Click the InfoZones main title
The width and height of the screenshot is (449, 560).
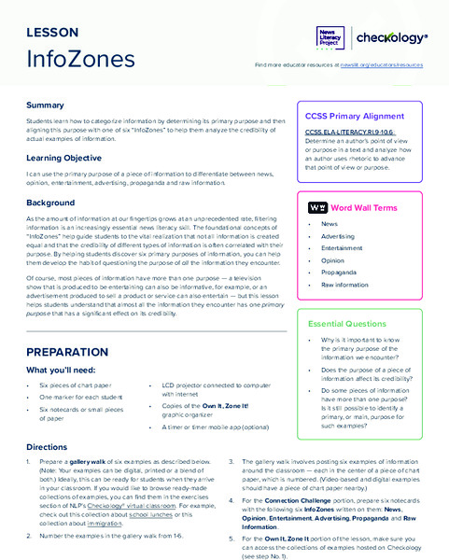[x=80, y=59]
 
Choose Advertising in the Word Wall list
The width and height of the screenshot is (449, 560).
[x=341, y=236]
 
